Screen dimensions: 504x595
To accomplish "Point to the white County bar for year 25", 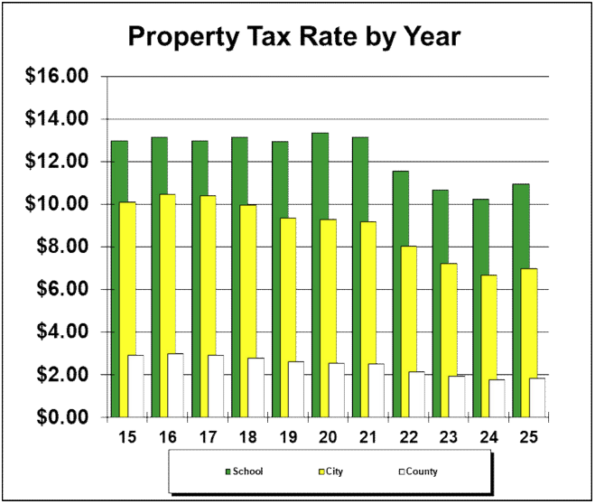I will click(x=537, y=397).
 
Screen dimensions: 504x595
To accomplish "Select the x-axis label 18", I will click(x=248, y=437).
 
